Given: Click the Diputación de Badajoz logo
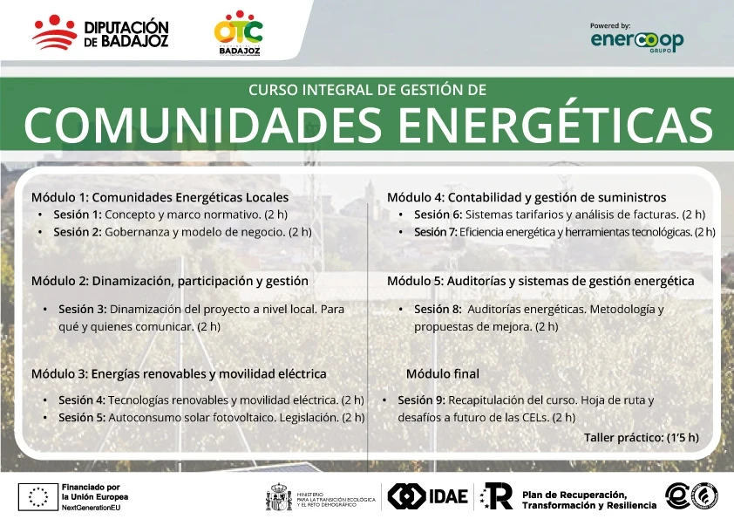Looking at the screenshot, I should click(x=100, y=32).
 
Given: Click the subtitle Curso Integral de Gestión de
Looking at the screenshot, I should click(x=367, y=89).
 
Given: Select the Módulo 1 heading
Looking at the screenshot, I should click(x=160, y=197).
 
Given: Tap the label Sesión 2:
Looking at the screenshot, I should click(x=78, y=232).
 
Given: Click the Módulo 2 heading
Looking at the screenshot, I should click(x=170, y=281).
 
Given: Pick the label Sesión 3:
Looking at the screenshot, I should click(x=83, y=309).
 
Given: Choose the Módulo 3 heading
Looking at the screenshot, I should click(x=179, y=373).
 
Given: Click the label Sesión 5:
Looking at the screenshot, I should click(x=83, y=417).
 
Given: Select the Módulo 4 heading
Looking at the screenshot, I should click(x=527, y=197).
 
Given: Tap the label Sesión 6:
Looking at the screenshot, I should click(x=438, y=215).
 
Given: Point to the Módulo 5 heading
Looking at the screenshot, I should click(x=540, y=281).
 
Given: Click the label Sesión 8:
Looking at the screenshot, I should click(x=438, y=309).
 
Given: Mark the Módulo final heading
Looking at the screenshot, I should click(x=443, y=373).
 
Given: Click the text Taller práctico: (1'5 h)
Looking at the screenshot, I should click(x=642, y=436).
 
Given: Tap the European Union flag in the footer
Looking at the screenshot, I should click(x=38, y=496).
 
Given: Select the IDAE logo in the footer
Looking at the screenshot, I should click(x=428, y=496).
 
